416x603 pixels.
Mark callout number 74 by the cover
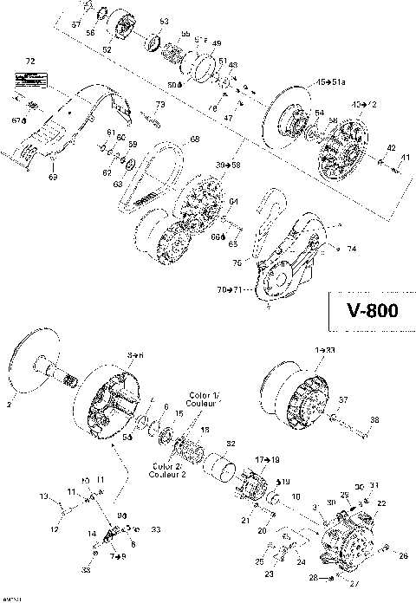[351, 249]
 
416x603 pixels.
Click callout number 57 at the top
[75, 25]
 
